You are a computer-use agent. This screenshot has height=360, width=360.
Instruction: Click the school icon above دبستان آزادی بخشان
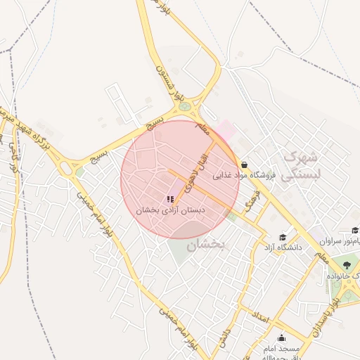[x=171, y=200]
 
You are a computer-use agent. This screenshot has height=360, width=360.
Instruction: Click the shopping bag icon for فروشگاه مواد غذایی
[x=243, y=165]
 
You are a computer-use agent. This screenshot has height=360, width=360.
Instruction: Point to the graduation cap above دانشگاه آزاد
[x=283, y=237]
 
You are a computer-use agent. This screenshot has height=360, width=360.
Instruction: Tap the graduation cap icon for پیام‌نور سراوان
[x=355, y=230]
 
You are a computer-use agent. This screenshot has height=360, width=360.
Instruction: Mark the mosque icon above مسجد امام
[x=282, y=337]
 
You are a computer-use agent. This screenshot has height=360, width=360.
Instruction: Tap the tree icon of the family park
[x=345, y=265]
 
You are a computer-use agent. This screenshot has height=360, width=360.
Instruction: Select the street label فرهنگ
[x=252, y=203]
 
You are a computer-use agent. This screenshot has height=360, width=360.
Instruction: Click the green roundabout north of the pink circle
[x=184, y=108]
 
